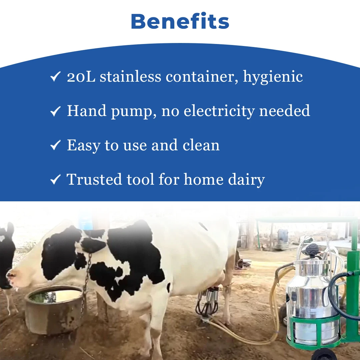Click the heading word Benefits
pos(180,21)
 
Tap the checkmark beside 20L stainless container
pos(55,76)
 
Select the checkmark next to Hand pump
pos(55,111)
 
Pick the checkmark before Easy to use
pos(55,145)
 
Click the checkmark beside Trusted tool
pos(55,179)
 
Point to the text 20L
pos(81,77)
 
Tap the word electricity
pos(219,111)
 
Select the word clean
pos(201,145)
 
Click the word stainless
pos(130,76)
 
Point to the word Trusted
pos(94,179)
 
